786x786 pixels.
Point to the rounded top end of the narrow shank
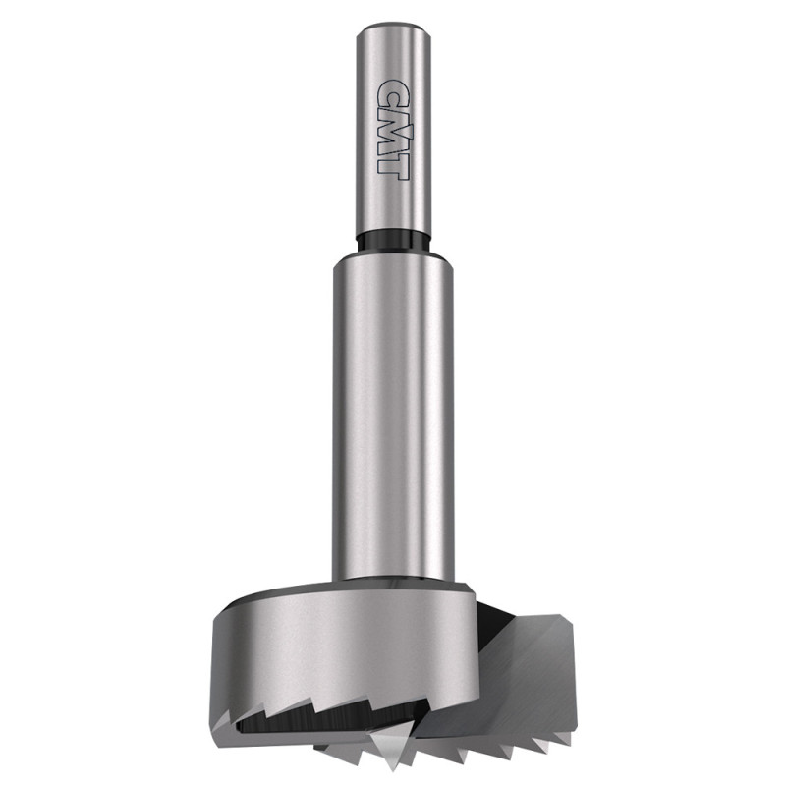click(394, 27)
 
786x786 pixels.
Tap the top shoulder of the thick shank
click(391, 256)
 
